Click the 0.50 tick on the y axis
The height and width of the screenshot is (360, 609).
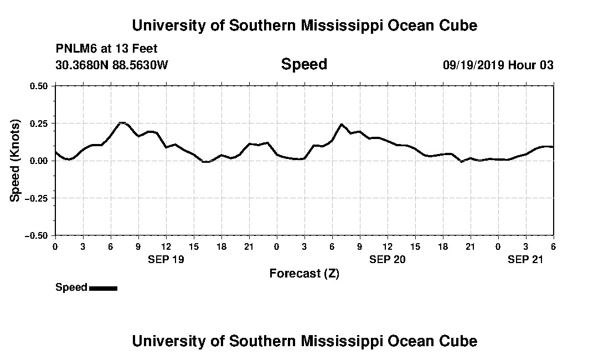(x=39, y=86)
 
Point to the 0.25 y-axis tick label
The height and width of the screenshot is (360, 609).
(x=39, y=123)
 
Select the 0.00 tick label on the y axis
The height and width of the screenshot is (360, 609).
(x=39, y=161)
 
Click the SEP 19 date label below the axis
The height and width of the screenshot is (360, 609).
(x=166, y=259)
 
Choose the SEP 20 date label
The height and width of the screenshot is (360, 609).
(x=387, y=259)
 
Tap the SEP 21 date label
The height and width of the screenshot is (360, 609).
(x=525, y=259)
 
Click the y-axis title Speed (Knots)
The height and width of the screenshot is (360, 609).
(x=16, y=160)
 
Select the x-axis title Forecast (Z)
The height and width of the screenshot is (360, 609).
(x=304, y=273)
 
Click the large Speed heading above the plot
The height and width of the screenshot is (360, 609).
(x=304, y=64)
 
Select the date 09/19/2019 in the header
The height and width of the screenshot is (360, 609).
(x=473, y=65)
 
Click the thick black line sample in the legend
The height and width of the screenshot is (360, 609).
(x=103, y=288)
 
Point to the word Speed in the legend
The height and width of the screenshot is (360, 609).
(x=71, y=287)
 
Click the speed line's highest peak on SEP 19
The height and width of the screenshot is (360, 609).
(x=122, y=122)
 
